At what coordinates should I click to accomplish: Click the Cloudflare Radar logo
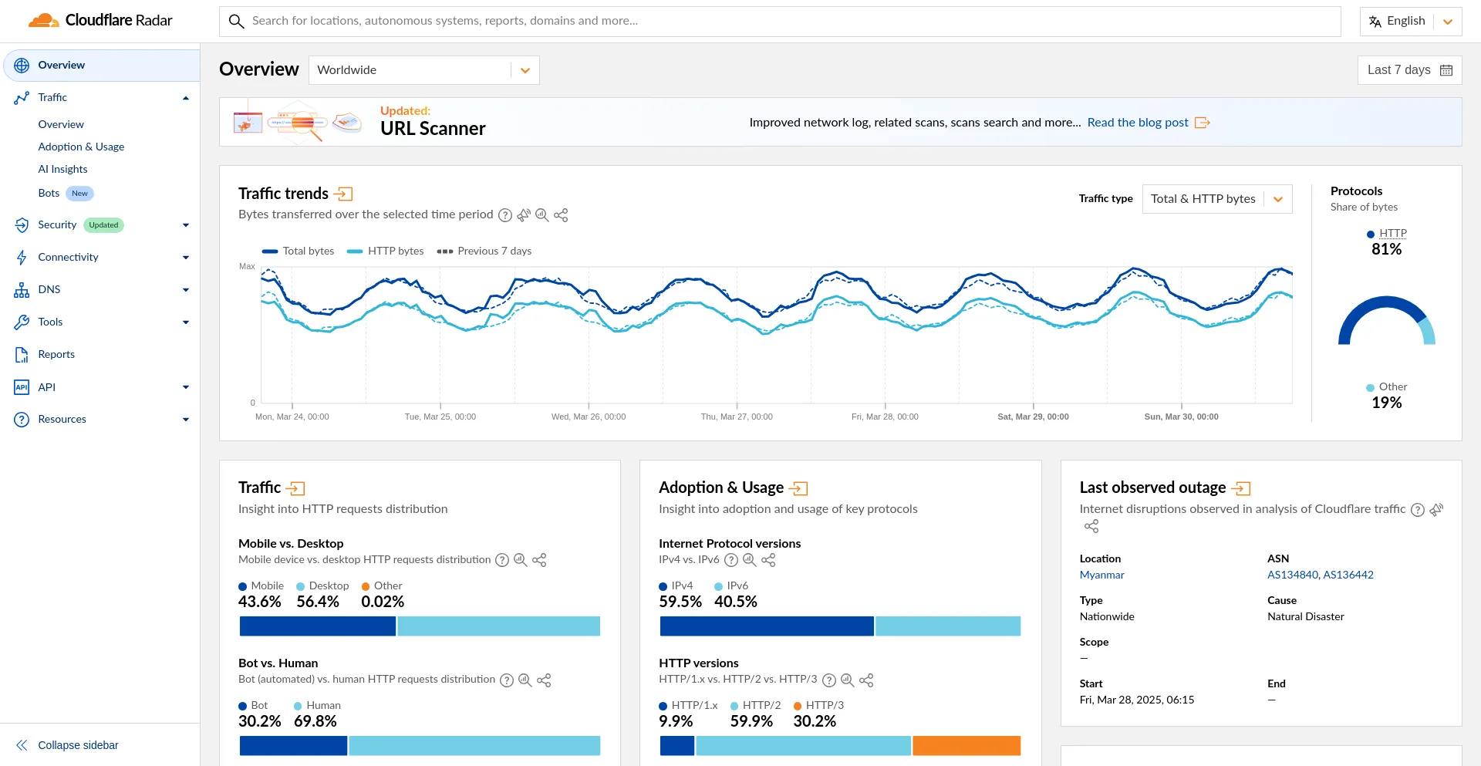100,21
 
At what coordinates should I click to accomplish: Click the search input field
779,21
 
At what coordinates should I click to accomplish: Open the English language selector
1410,22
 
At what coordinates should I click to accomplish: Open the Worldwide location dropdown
423,70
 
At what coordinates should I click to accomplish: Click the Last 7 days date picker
1408,70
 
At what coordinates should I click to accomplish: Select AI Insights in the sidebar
62,169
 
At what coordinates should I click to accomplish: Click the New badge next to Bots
79,194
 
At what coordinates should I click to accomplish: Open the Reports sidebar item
56,354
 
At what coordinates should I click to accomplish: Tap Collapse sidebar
77,745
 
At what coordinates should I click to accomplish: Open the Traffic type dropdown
1216,199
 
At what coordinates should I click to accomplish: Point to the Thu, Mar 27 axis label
736,417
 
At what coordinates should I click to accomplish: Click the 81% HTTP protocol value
1386,249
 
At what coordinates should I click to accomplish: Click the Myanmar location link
1101,575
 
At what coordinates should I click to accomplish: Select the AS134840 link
1293,575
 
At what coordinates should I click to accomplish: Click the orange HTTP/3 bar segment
967,746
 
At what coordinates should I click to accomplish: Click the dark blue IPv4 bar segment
767,626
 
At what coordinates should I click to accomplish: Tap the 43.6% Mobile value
260,602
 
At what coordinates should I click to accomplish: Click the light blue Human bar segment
474,746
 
